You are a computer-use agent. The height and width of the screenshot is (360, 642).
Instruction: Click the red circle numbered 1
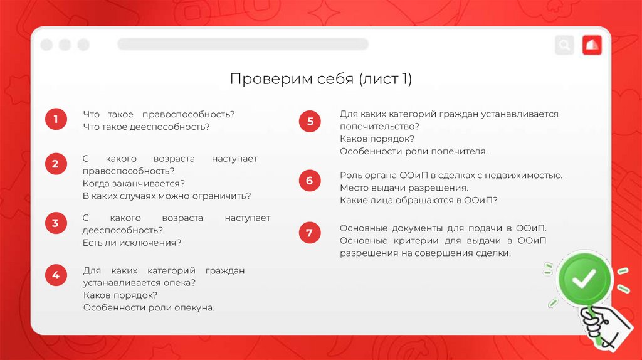point(55,119)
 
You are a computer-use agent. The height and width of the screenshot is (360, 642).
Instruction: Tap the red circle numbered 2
point(55,164)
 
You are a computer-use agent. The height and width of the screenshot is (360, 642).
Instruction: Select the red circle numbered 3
point(55,223)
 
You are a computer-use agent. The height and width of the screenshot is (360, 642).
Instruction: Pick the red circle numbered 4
point(55,275)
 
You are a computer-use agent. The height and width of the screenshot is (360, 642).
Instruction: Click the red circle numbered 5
point(310,121)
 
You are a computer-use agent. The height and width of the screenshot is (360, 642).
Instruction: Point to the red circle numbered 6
point(310,181)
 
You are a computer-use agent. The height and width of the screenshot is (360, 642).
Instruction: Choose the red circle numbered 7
point(310,233)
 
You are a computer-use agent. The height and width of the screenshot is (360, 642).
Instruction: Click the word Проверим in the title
point(260,80)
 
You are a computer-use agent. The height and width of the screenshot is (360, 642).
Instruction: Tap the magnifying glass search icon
point(564,45)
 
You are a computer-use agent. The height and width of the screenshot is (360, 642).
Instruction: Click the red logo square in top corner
point(592,45)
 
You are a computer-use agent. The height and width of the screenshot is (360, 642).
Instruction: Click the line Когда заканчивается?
point(134,183)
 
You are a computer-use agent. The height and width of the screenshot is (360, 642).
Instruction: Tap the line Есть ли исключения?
point(132,243)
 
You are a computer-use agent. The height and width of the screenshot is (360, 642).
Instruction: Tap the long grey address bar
point(243,44)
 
